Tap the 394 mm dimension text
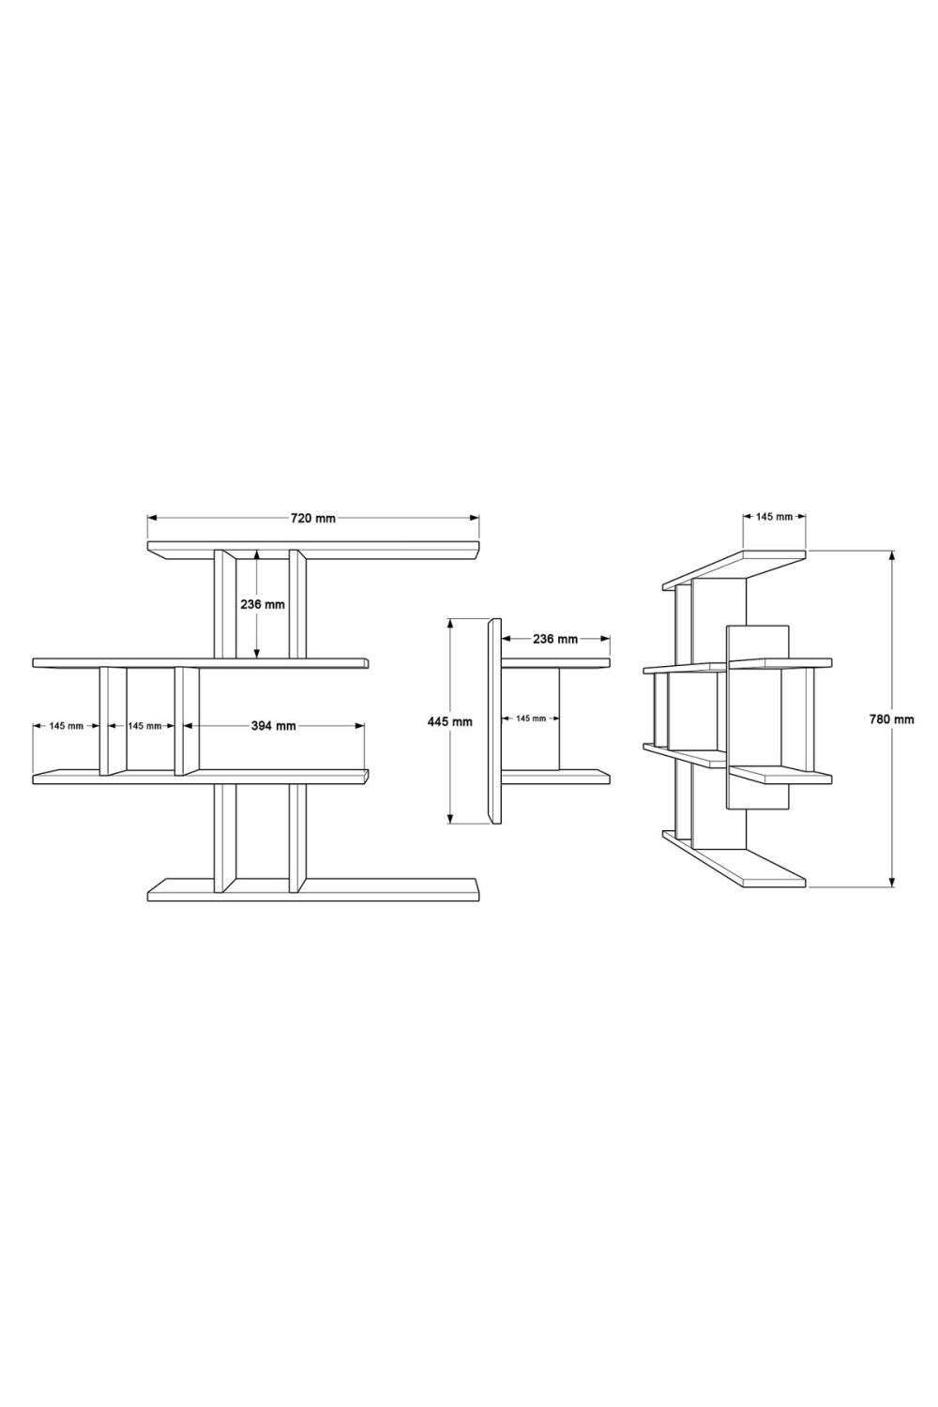pyautogui.click(x=273, y=725)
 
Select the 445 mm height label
pyautogui.click(x=450, y=721)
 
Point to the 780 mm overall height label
pyautogui.click(x=891, y=719)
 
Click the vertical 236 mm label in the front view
pyautogui.click(x=263, y=605)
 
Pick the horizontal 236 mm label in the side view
pyautogui.click(x=554, y=639)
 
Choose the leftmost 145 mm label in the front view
pyautogui.click(x=66, y=725)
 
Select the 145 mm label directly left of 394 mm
pyautogui.click(x=144, y=725)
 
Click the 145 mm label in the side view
pyautogui.click(x=531, y=718)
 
